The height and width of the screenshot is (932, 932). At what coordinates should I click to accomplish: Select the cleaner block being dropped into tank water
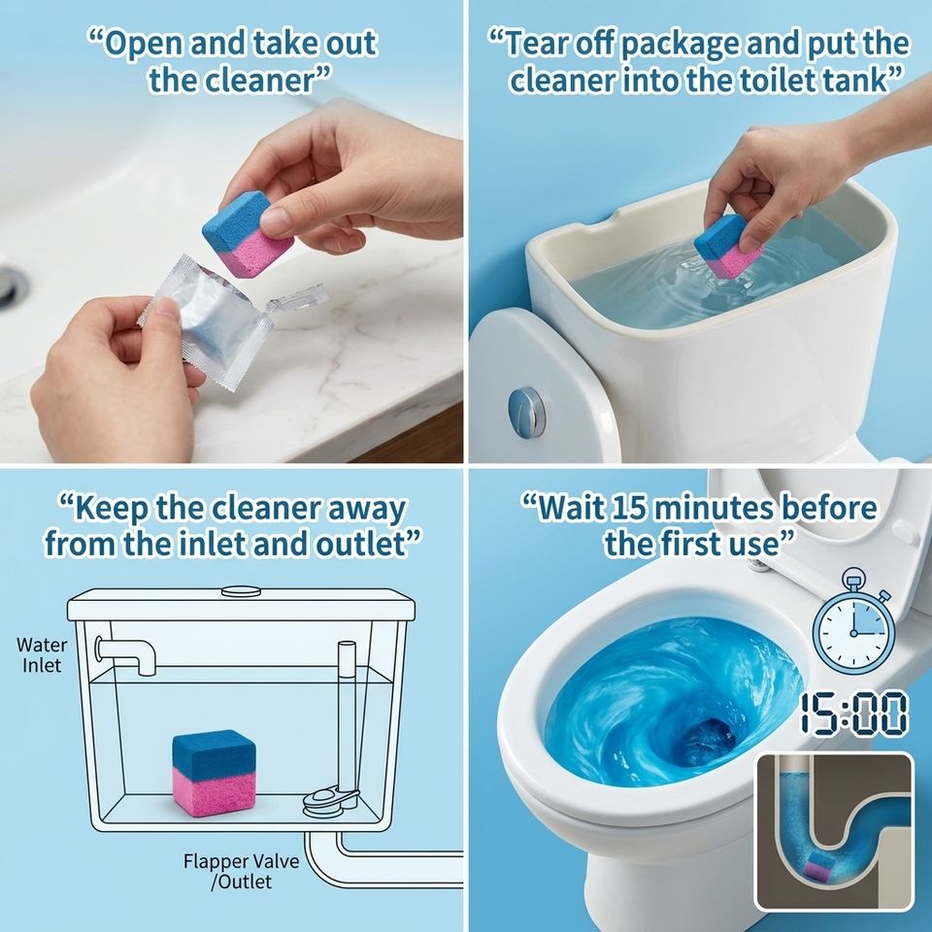pos(728,247)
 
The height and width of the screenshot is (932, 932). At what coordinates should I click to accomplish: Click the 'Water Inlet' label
pos(42,654)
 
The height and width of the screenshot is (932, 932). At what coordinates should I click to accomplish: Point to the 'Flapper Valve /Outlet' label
pos(242,871)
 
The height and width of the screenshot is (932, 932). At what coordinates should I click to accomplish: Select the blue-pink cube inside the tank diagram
pos(214,773)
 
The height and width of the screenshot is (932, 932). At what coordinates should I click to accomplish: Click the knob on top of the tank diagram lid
pos(241,591)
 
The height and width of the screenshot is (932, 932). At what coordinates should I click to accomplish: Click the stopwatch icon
pos(853,622)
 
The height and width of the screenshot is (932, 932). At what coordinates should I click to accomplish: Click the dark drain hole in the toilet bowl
pos(709,739)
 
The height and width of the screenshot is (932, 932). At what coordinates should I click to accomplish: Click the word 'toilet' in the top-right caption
pos(777,81)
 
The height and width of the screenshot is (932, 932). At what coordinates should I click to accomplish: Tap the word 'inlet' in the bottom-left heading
pos(216,544)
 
